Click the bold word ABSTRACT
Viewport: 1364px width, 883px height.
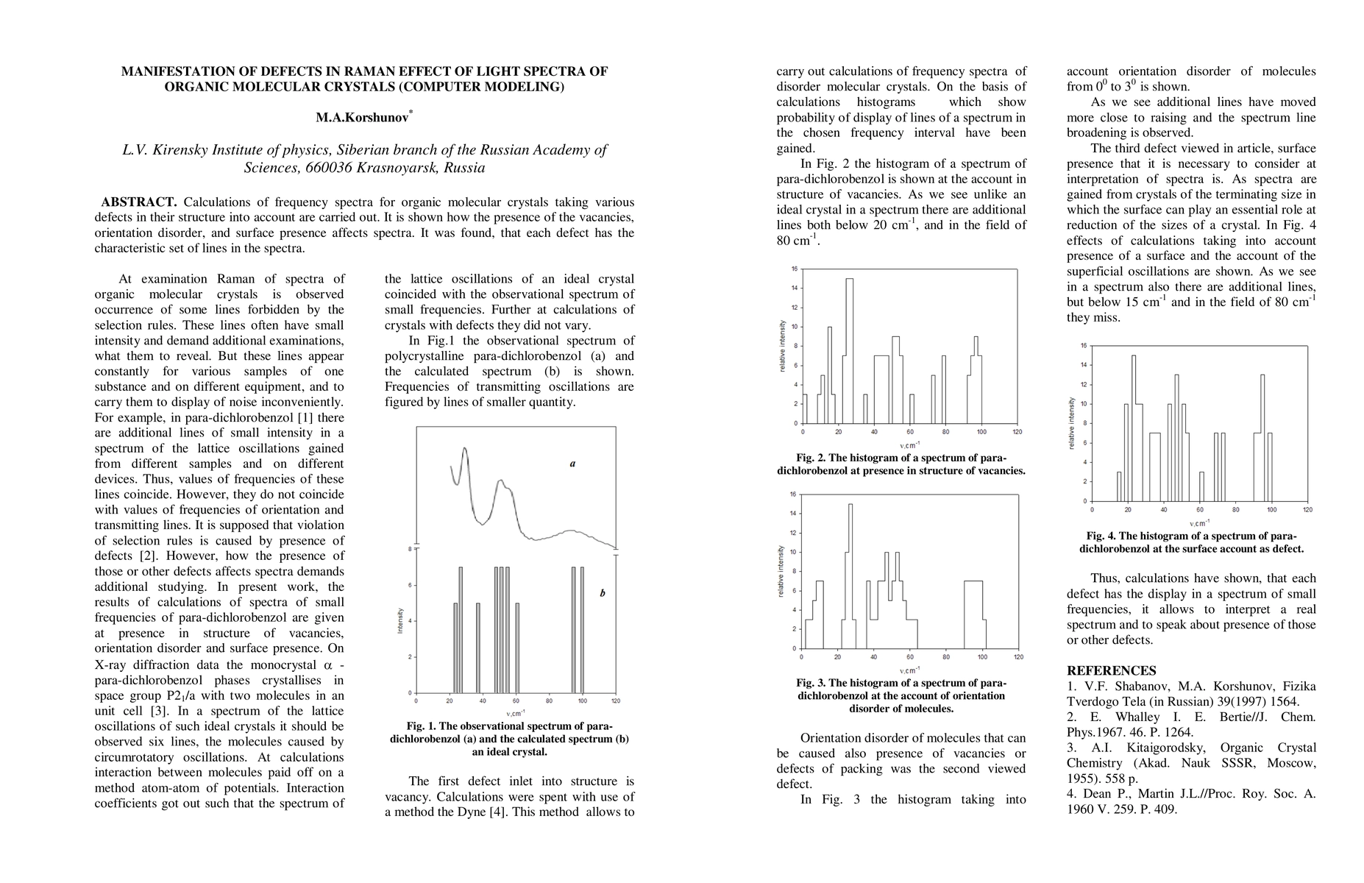point(139,202)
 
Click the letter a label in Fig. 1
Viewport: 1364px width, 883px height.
point(572,464)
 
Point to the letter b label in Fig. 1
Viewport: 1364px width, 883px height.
point(602,593)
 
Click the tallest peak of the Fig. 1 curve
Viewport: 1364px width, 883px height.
point(465,449)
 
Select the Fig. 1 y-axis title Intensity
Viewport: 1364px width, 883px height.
point(400,621)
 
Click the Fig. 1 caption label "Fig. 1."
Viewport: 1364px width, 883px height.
point(422,726)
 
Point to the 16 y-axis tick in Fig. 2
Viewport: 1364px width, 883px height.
point(794,269)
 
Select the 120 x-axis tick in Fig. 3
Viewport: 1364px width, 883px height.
point(1018,657)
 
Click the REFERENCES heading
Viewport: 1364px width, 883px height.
point(1111,670)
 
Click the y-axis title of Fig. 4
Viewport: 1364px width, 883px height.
point(1071,423)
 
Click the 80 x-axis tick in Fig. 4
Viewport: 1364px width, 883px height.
point(1236,510)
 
